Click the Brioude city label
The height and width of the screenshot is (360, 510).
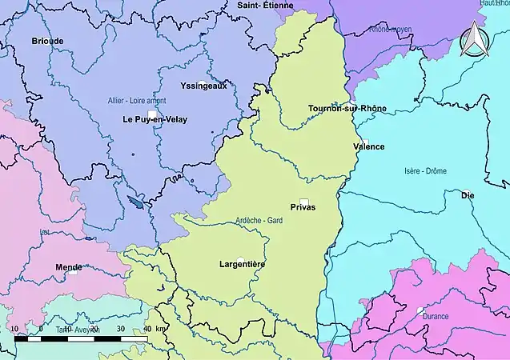click(x=46, y=40)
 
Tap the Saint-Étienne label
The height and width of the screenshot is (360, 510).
click(x=266, y=6)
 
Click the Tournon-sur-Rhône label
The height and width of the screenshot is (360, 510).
click(x=347, y=108)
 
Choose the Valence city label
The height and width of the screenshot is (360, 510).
click(x=368, y=146)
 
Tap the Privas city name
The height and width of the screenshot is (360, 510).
click(x=303, y=207)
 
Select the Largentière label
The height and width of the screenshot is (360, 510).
click(x=242, y=263)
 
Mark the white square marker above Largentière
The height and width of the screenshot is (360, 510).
click(x=239, y=258)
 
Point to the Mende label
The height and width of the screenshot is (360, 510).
click(x=68, y=266)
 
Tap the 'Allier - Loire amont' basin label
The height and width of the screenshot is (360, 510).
click(x=137, y=101)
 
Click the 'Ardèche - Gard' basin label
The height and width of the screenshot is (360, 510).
click(x=259, y=221)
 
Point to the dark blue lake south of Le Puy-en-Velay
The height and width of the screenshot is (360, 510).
click(x=139, y=203)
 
